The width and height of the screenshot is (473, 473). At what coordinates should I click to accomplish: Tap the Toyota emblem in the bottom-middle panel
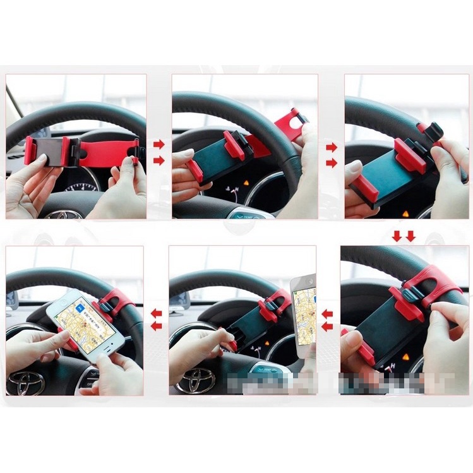pyautogui.click(x=195, y=380)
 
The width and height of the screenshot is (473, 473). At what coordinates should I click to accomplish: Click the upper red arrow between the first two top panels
pyautogui.click(x=159, y=144)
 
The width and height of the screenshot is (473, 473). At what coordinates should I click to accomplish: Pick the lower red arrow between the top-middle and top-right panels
pyautogui.click(x=331, y=162)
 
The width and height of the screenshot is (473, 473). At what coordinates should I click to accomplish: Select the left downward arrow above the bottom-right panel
pyautogui.click(x=397, y=236)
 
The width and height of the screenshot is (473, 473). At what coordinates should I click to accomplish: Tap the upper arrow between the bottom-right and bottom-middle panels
pyautogui.click(x=326, y=314)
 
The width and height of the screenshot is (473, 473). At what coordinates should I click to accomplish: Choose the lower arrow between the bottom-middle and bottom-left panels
pyautogui.click(x=156, y=325)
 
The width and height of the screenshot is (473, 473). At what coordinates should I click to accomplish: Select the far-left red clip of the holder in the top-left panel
pyautogui.click(x=30, y=150)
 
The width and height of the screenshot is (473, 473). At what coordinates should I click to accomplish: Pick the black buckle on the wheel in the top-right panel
pyautogui.click(x=433, y=133)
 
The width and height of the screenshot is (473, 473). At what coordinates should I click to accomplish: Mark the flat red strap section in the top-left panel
pyautogui.click(x=104, y=152)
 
